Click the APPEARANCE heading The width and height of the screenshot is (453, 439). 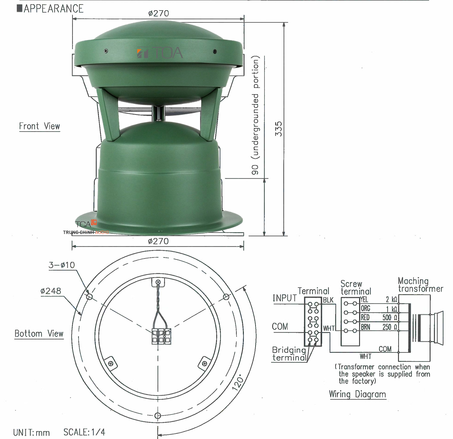(x=53, y=8)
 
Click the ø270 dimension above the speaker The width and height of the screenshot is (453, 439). (x=158, y=13)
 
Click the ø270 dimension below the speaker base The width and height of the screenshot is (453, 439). (x=158, y=241)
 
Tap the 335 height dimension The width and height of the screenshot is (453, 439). (x=278, y=129)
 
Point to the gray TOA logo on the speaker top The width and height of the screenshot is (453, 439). (x=160, y=53)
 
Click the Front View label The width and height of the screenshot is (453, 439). (x=39, y=126)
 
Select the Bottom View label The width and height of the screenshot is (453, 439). (x=39, y=334)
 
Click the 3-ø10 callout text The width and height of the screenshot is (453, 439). (x=62, y=265)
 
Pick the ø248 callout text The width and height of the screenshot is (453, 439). (x=51, y=291)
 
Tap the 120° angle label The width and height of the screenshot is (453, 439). (x=238, y=383)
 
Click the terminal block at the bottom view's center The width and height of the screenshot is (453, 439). (x=161, y=336)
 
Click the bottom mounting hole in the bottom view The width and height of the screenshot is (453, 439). (x=158, y=416)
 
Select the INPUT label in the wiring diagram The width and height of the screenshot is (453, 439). (x=284, y=298)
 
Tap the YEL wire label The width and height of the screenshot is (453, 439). (x=364, y=300)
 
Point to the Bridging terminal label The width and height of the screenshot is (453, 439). (x=289, y=354)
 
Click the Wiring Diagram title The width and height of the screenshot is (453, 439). (x=357, y=394)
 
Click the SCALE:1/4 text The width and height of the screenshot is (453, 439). (x=84, y=432)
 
